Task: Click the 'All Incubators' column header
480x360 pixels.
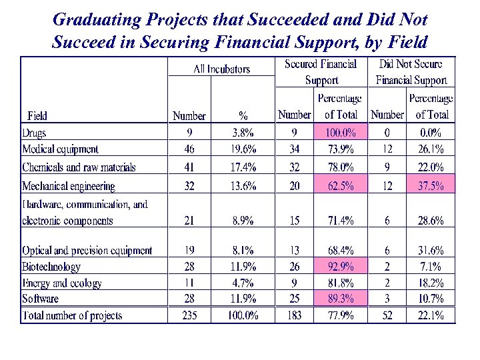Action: tap(221, 69)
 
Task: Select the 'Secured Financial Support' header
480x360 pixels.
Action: tap(321, 72)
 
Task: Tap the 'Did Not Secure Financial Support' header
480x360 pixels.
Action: tap(411, 72)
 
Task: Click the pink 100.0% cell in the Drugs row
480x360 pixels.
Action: tap(340, 132)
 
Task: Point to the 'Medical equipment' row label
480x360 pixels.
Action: tap(60, 149)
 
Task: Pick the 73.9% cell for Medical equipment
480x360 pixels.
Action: tap(340, 149)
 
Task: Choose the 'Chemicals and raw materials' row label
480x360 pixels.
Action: tap(79, 167)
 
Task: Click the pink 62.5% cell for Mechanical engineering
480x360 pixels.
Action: tap(340, 186)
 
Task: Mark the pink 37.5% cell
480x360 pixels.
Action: tap(430, 186)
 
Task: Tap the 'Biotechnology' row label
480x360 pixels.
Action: tap(51, 267)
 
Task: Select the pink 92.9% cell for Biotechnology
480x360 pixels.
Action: tap(340, 267)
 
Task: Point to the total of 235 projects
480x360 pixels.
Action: tap(189, 315)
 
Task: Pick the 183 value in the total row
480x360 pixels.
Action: tap(294, 315)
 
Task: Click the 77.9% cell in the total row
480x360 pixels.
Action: tap(340, 315)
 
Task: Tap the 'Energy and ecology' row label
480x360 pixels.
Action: tap(62, 283)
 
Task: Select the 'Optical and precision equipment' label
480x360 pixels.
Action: tap(87, 251)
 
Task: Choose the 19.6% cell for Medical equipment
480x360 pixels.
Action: tap(243, 149)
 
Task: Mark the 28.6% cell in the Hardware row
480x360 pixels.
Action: tap(430, 221)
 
